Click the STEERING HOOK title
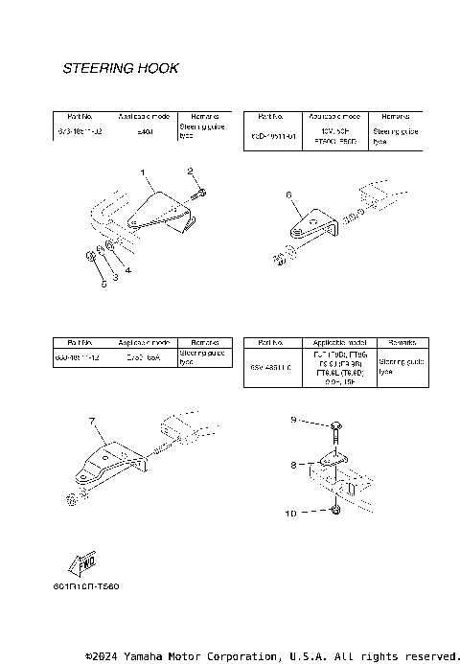point(120,69)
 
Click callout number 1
point(143,173)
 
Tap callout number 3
point(114,278)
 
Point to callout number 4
point(128,269)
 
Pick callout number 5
point(103,285)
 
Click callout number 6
point(287,194)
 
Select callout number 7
point(92,421)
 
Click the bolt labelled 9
point(336,426)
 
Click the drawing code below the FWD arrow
point(86,584)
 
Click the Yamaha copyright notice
point(272,656)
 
